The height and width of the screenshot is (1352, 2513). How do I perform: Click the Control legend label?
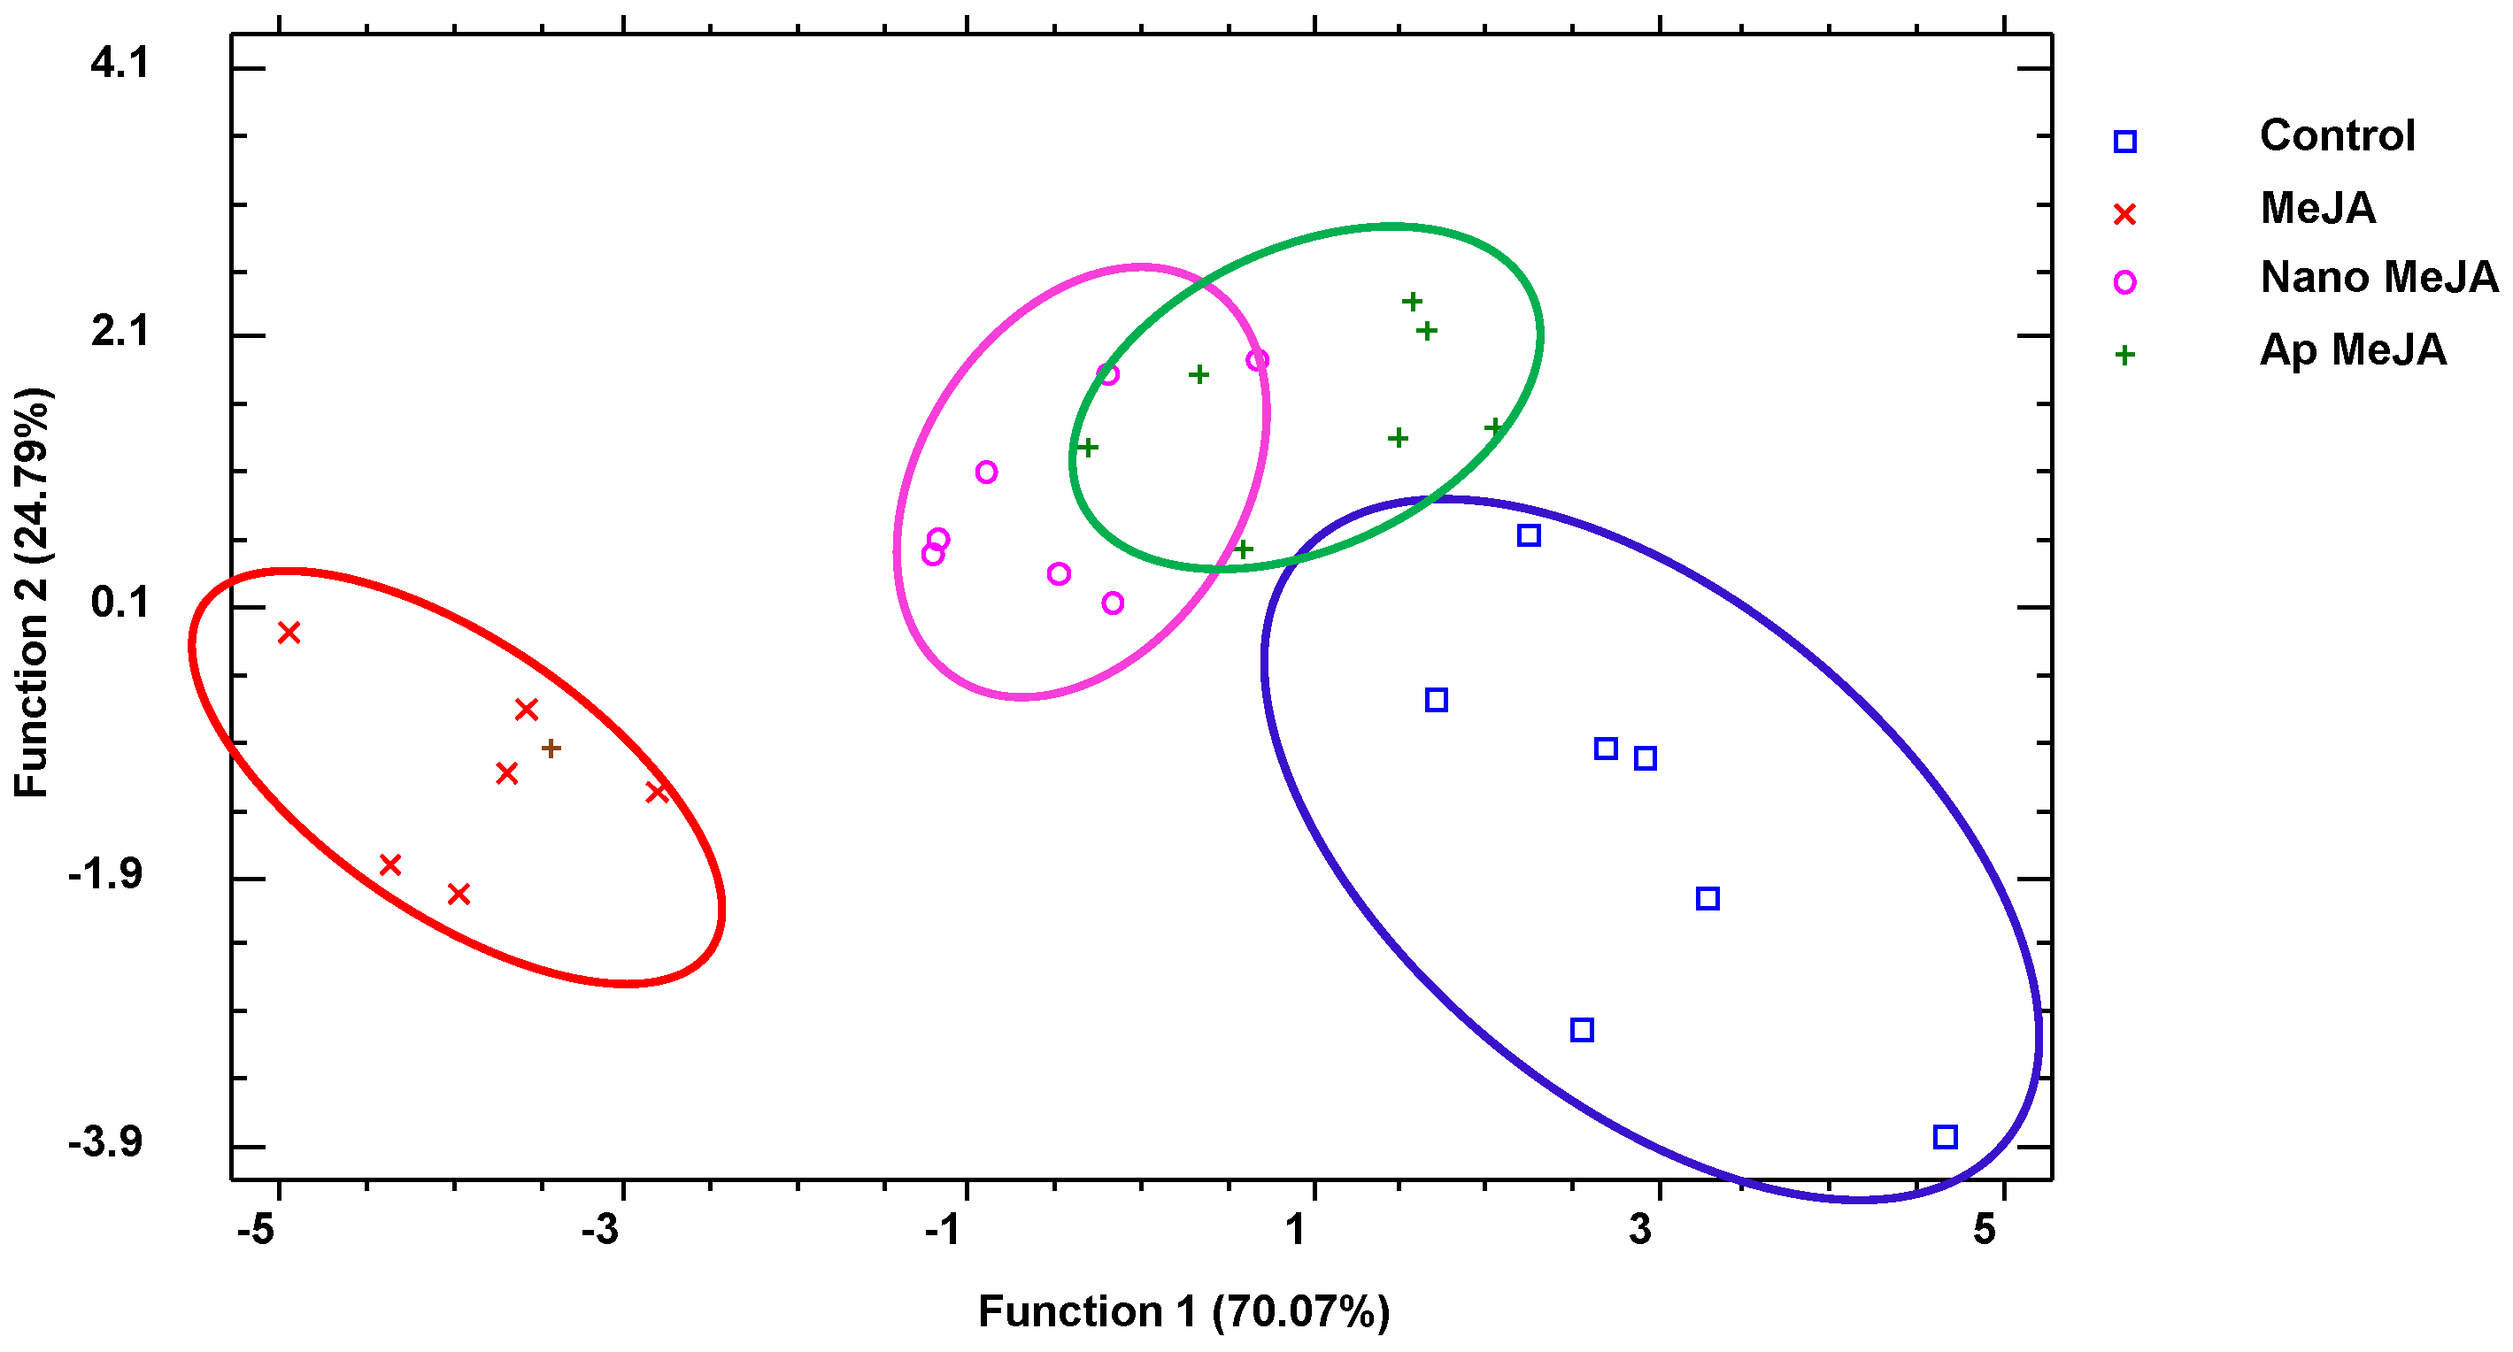[2337, 135]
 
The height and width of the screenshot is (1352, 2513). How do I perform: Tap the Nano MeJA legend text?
[2378, 278]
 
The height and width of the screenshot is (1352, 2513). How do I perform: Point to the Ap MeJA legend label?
[2352, 350]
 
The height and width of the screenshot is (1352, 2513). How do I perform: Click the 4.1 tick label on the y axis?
[120, 64]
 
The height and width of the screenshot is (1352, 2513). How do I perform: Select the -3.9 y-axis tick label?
[105, 1141]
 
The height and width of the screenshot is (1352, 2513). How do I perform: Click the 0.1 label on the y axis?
[120, 603]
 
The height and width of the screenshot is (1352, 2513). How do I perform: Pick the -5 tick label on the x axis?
[256, 1230]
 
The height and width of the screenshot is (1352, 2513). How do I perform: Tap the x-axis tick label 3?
[1640, 1230]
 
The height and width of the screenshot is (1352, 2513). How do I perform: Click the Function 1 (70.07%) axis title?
[1183, 1312]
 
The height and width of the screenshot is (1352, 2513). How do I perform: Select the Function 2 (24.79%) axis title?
[31, 594]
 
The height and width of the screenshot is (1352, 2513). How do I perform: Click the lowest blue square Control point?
[1944, 1136]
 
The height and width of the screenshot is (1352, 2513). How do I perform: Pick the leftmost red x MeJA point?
[289, 633]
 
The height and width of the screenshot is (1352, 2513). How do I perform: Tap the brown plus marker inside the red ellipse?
[551, 749]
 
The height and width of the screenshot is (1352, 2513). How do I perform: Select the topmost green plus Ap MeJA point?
[1412, 302]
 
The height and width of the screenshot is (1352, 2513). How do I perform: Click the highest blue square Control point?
[1529, 534]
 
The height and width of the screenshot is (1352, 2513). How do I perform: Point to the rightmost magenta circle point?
[1258, 360]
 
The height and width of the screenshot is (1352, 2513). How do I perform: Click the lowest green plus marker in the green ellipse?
[1243, 549]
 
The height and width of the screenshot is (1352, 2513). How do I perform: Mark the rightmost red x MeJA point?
[657, 793]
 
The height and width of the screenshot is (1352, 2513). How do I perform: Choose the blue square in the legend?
[2124, 142]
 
